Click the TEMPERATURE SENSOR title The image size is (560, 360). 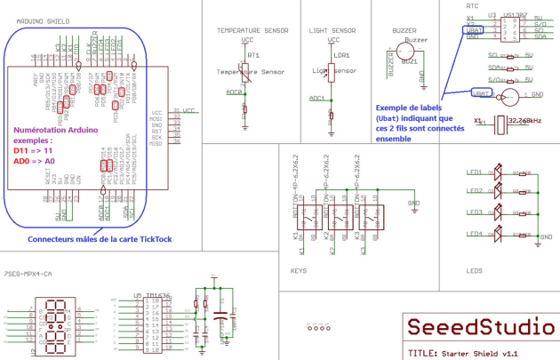click(x=252, y=30)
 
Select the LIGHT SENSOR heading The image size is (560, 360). click(x=333, y=30)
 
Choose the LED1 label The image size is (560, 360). click(x=475, y=172)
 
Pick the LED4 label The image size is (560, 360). click(x=475, y=234)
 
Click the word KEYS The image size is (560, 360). click(x=300, y=270)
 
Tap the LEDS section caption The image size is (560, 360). click(x=474, y=270)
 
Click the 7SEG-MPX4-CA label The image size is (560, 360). click(x=28, y=274)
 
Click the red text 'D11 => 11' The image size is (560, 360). click(x=34, y=151)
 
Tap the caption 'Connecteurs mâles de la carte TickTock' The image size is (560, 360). click(x=99, y=239)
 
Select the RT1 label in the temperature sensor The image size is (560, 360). click(x=252, y=55)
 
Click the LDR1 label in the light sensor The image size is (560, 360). click(x=341, y=55)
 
